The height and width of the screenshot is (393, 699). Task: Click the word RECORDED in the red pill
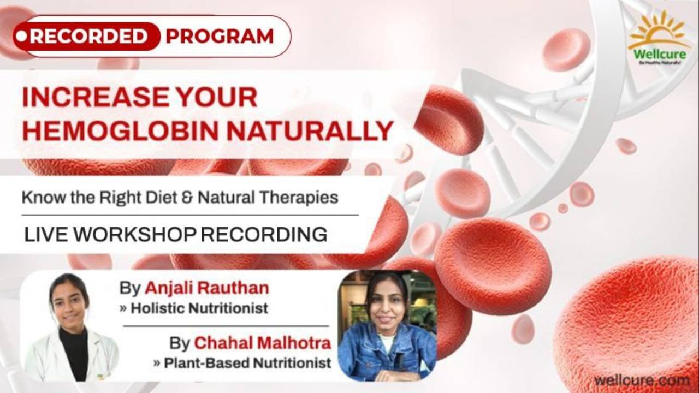[x=89, y=37]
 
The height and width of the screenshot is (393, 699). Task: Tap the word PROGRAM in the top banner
[x=220, y=37]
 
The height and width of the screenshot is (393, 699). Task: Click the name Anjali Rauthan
[x=206, y=288]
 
